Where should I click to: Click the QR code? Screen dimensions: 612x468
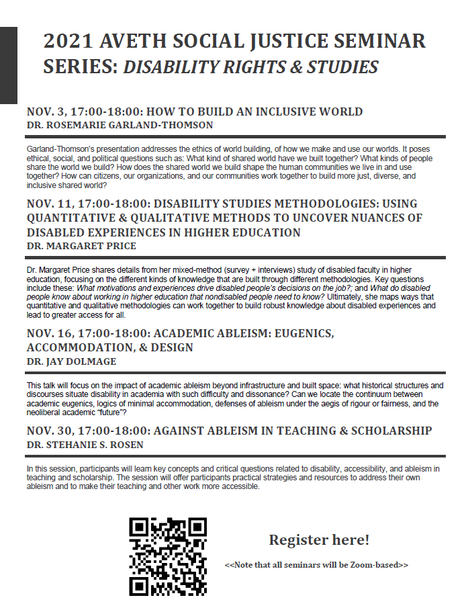pyautogui.click(x=167, y=556)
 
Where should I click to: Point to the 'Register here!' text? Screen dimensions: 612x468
pyautogui.click(x=319, y=540)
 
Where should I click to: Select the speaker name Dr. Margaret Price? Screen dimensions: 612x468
pyautogui.click(x=81, y=246)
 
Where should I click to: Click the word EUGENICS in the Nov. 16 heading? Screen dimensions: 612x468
pyautogui.click(x=301, y=333)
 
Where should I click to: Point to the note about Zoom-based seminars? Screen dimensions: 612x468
pyautogui.click(x=316, y=565)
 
